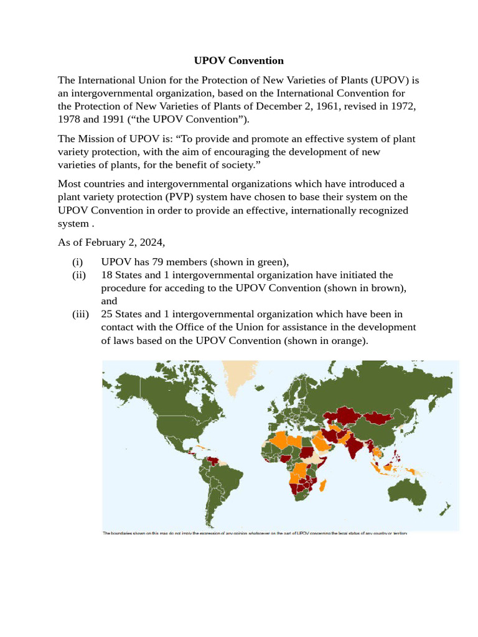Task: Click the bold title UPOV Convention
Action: [238, 60]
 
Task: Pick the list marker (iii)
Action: [80, 314]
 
